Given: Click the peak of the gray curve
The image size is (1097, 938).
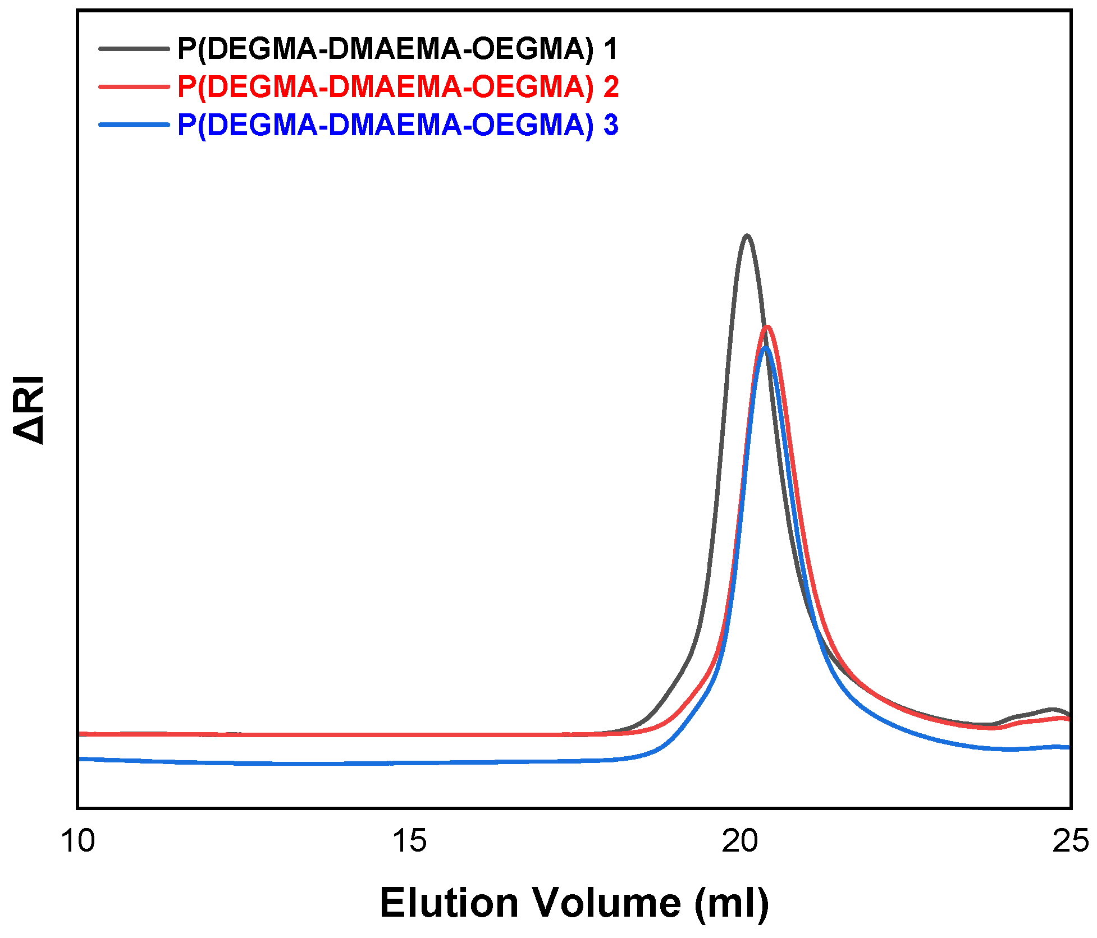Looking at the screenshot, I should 746,236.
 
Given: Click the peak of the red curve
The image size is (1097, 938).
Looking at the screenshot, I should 767,327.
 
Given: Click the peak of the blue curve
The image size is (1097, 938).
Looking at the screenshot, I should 765,347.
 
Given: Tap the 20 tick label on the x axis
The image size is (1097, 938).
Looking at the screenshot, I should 740,841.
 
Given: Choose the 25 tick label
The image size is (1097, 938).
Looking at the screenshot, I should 1070,841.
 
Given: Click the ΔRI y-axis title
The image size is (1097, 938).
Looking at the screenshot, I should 28,410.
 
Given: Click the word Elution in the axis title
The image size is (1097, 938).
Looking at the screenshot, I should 449,904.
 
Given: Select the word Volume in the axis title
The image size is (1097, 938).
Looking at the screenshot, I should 606,904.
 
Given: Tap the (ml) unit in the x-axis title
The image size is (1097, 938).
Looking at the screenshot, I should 732,904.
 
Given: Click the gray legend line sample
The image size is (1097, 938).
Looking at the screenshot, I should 134,49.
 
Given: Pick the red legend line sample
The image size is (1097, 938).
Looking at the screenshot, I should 134,87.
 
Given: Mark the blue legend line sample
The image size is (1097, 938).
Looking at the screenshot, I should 134,125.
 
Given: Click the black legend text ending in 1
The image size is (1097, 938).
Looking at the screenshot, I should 397,49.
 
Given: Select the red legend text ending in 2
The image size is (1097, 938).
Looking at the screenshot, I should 397,87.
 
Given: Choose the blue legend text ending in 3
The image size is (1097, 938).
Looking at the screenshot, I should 397,125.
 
